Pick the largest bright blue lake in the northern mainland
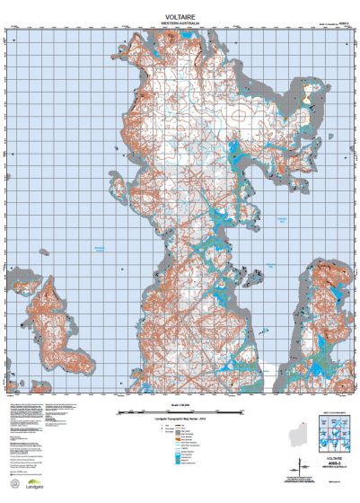tap(235, 146)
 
